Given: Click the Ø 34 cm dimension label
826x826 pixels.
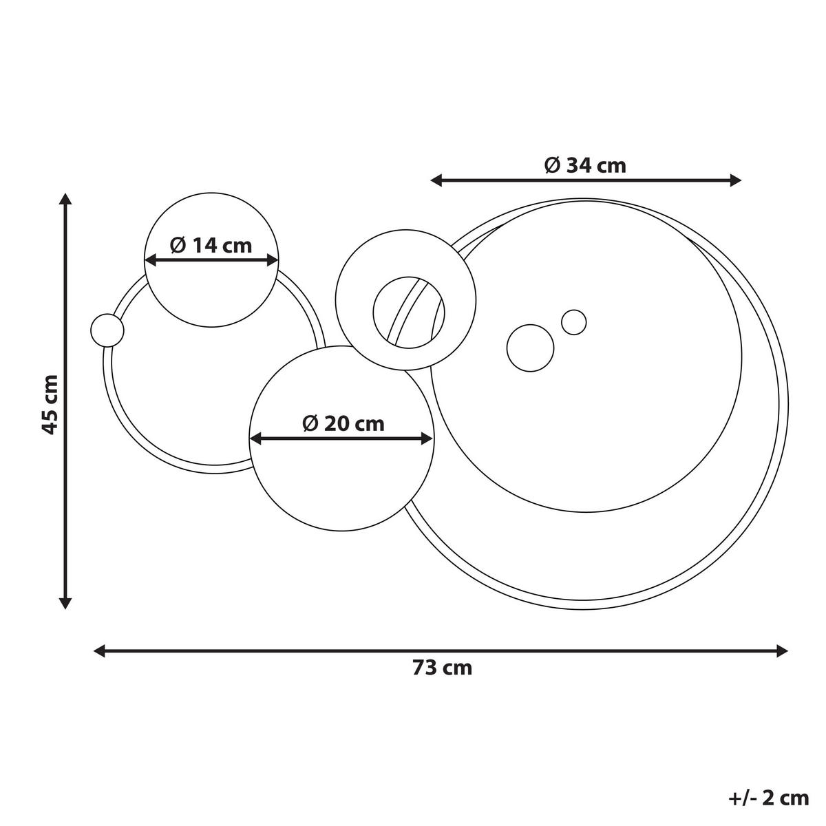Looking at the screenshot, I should point(585,165).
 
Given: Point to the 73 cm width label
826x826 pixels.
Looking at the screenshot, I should point(442,668).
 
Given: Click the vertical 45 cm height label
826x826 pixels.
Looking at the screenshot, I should point(49,404).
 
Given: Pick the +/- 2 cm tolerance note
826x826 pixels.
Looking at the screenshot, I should point(767,798).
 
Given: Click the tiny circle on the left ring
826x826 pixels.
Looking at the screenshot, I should point(107,330).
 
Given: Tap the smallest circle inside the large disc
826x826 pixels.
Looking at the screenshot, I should point(573,321).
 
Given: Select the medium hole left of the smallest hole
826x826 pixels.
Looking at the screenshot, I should point(530,348).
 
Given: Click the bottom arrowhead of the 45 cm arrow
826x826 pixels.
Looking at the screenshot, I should point(65,603).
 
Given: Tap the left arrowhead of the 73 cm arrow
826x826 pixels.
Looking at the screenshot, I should point(99,650).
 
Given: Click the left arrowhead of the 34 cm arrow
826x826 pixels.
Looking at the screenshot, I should point(436,180).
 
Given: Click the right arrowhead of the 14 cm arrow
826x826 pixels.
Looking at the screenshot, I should point(273,260).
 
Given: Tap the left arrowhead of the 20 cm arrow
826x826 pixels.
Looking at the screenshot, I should point(255,438).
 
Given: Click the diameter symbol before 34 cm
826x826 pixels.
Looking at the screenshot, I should point(551,165).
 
